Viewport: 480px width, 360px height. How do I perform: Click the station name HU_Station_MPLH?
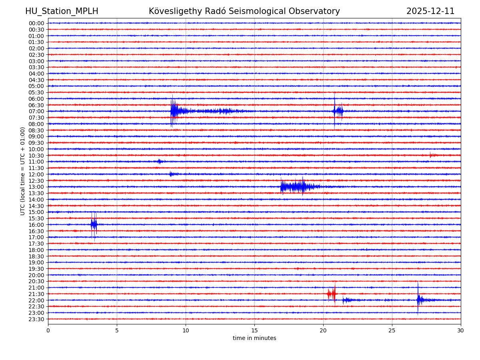[62, 11]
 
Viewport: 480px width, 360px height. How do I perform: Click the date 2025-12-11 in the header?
[430, 11]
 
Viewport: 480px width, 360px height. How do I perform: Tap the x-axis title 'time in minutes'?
[254, 338]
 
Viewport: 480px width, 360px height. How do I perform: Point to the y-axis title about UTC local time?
[23, 171]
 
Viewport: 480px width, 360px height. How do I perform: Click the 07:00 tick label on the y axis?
[36, 111]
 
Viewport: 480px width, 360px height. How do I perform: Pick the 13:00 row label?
[36, 187]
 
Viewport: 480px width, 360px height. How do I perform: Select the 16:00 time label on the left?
[36, 225]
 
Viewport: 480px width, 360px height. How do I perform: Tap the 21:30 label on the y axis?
[36, 294]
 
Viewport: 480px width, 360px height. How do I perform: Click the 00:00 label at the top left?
[36, 23]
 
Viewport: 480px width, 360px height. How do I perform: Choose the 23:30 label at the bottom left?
[36, 319]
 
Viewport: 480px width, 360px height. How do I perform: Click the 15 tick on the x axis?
[254, 330]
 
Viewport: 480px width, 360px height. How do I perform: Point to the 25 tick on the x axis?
[392, 330]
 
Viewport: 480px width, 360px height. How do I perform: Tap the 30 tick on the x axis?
[461, 330]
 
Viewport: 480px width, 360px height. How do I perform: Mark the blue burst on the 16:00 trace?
[94, 224]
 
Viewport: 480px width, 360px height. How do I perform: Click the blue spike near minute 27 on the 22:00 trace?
[418, 300]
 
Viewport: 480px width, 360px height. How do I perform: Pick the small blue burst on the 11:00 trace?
[160, 162]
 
